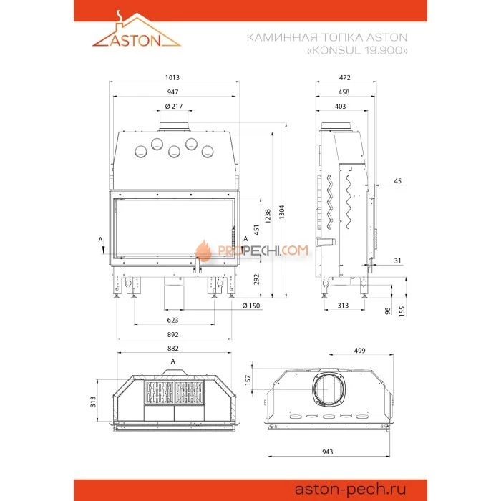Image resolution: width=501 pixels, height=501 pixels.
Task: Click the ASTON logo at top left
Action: (137, 30)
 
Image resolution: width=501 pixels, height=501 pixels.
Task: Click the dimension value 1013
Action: (172, 77)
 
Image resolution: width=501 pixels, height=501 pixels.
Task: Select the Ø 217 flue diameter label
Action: (174, 107)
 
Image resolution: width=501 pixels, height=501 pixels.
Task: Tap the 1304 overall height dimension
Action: (281, 212)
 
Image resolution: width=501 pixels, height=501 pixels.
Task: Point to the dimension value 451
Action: (256, 230)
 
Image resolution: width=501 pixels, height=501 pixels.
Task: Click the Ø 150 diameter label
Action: (251, 306)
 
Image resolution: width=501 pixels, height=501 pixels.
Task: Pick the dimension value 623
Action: (173, 320)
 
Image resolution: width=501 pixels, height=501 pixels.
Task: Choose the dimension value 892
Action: (173, 334)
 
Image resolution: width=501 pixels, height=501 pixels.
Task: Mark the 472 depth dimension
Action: (345, 77)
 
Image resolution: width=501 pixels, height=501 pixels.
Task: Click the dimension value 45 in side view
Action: (397, 181)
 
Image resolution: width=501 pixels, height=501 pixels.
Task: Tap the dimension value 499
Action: (360, 351)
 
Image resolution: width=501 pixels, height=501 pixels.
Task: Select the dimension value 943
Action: (328, 452)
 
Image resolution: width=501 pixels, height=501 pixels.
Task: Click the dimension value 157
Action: (248, 380)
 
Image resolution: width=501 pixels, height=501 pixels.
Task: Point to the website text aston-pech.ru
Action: (350, 489)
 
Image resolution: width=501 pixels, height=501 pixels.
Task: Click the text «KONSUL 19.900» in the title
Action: (357, 50)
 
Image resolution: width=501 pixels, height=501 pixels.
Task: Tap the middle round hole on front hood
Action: (175, 152)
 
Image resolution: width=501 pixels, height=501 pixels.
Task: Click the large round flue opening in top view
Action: (328, 388)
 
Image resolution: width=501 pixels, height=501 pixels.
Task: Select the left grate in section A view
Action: (160, 393)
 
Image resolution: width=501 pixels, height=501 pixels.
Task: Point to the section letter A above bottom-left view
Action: (173, 361)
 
